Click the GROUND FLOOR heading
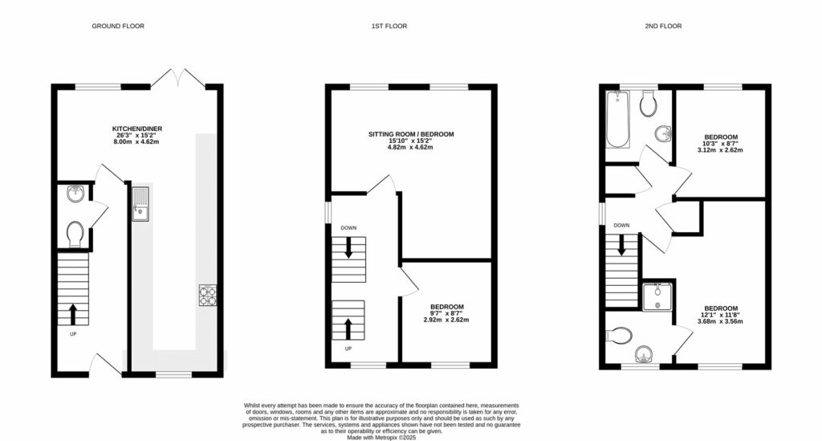118,27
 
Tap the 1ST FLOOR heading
389,27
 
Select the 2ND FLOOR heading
663,27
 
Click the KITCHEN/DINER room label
136,128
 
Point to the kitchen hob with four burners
206,296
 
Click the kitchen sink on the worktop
141,202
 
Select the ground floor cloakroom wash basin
74,193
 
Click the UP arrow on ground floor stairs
74,313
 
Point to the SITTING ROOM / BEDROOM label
411,133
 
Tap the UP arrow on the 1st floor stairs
348,328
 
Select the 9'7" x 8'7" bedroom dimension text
446,313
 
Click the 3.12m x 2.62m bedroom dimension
720,149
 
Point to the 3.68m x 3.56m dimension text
720,321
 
